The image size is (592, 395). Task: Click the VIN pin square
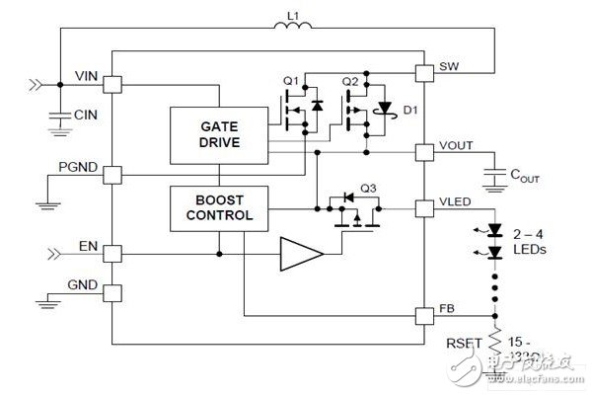112,85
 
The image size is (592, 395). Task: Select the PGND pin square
112,174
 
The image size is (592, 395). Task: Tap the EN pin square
112,253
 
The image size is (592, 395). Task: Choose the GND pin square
112,291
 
